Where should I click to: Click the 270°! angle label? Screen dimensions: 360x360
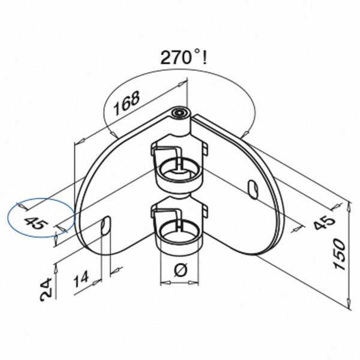pyautogui.click(x=184, y=58)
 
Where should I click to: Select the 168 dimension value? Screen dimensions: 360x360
pyautogui.click(x=127, y=103)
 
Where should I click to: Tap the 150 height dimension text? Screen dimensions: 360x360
pyautogui.click(x=340, y=254)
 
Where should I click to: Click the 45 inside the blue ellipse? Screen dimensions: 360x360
pyautogui.click(x=36, y=223)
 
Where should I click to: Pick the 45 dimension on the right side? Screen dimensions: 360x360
pyautogui.click(x=325, y=221)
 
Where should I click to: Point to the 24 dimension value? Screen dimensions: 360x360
pyautogui.click(x=46, y=290)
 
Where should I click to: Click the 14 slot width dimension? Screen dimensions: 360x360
pyautogui.click(x=82, y=279)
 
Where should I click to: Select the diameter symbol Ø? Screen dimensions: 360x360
pyautogui.click(x=181, y=270)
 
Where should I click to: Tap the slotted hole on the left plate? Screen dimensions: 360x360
pyautogui.click(x=106, y=226)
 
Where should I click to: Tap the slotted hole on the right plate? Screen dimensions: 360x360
pyautogui.click(x=253, y=190)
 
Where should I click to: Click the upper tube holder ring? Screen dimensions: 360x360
pyautogui.click(x=179, y=169)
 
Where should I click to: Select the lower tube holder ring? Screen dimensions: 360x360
pyautogui.click(x=179, y=232)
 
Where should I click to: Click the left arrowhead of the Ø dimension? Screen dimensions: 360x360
pyautogui.click(x=166, y=283)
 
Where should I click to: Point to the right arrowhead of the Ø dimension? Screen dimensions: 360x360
pyautogui.click(x=193, y=283)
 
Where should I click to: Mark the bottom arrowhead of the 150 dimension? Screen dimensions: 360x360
pyautogui.click(x=349, y=303)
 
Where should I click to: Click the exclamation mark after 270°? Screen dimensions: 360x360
pyautogui.click(x=205, y=58)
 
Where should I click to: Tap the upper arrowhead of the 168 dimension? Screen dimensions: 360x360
pyautogui.click(x=182, y=84)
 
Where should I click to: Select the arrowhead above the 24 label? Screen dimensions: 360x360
pyautogui.click(x=55, y=269)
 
